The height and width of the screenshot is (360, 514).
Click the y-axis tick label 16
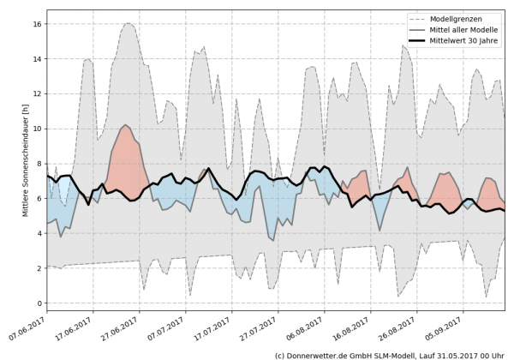click(37, 24)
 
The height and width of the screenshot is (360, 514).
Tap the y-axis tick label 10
click(37, 129)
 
